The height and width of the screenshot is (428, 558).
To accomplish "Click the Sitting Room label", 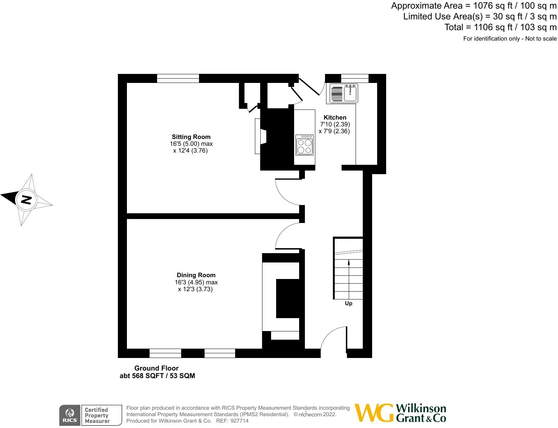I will [x=191, y=137].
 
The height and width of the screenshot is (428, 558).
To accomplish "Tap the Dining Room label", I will [x=196, y=275].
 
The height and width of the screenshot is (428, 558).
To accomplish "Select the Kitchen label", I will [x=335, y=117].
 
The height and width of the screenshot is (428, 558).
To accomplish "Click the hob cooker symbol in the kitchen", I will [x=304, y=145].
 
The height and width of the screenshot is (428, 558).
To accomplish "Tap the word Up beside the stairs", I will [x=348, y=303].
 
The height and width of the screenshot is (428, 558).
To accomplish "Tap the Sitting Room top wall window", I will [x=178, y=78].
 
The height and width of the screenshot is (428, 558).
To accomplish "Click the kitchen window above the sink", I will [x=355, y=78].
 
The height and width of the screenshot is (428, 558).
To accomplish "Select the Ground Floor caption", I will [x=156, y=368].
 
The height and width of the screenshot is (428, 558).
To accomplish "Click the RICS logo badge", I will [x=70, y=415].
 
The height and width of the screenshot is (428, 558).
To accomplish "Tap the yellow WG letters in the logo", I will [x=374, y=413].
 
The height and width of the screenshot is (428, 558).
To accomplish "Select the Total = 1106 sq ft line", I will [x=500, y=27].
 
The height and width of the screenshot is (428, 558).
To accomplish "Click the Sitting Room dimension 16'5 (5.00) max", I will [x=191, y=144].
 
